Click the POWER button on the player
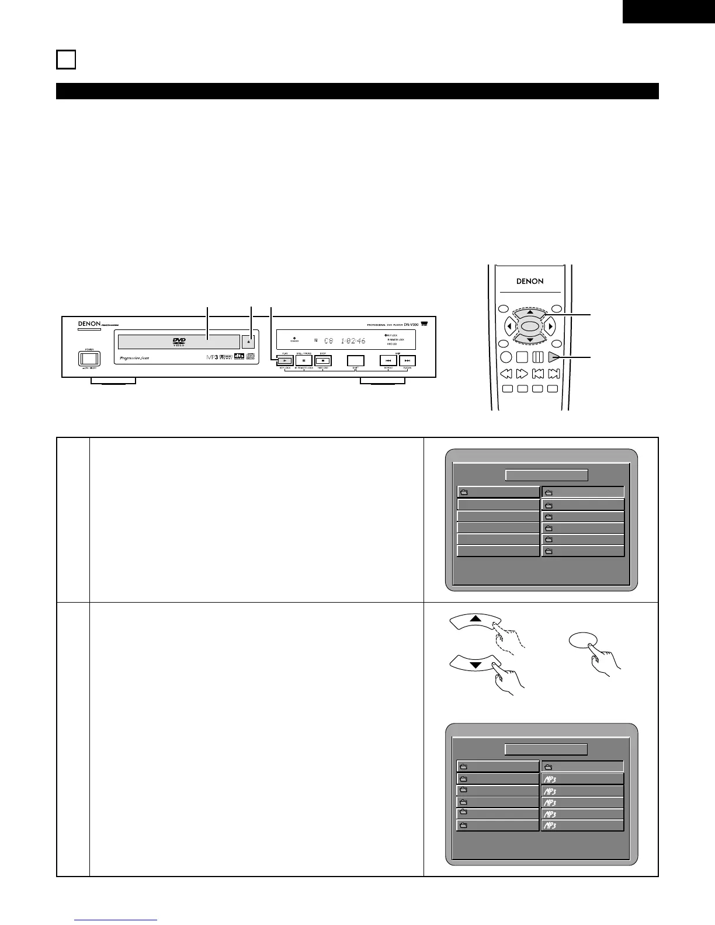(89, 358)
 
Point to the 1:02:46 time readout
(353, 340)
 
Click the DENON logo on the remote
(530, 281)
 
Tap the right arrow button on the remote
(550, 326)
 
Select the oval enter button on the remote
(529, 326)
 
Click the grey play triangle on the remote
(554, 357)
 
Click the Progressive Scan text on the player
(135, 358)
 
